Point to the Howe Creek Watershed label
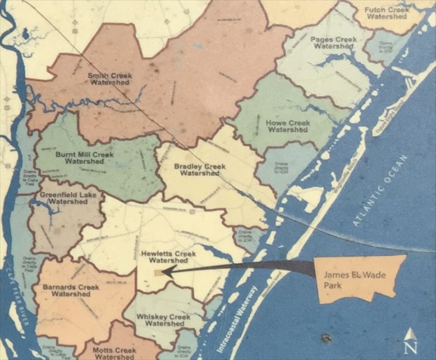coord(287,126)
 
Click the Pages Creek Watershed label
coord(334,43)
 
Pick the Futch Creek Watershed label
coord(386,13)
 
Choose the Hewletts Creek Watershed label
coord(168,257)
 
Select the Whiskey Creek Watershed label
coord(161,321)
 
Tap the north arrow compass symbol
coord(410,340)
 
